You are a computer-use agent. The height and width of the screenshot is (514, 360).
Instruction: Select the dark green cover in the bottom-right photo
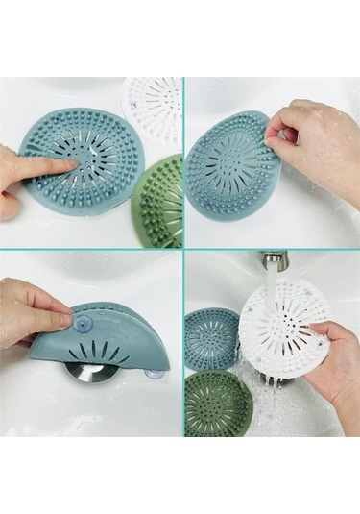click(218, 401)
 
